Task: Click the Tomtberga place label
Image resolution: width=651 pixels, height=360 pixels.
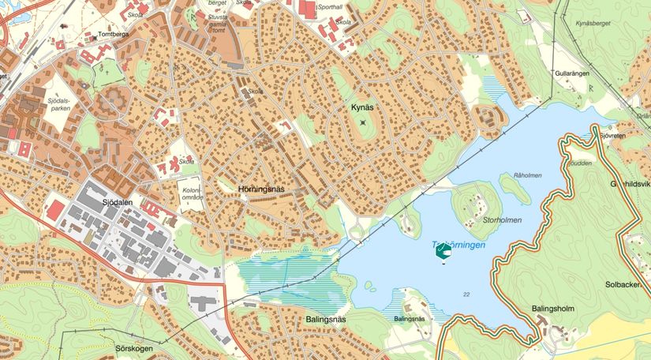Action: (112, 36)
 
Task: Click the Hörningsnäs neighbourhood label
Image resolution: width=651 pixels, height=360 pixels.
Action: (260, 189)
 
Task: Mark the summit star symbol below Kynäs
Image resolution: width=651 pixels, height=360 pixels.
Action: (363, 122)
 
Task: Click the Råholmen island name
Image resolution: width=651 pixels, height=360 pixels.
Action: (528, 174)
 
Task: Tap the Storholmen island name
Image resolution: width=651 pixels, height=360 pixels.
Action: (503, 220)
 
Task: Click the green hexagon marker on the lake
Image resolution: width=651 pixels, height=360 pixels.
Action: (444, 252)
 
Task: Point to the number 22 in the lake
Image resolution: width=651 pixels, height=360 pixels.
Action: (467, 294)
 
